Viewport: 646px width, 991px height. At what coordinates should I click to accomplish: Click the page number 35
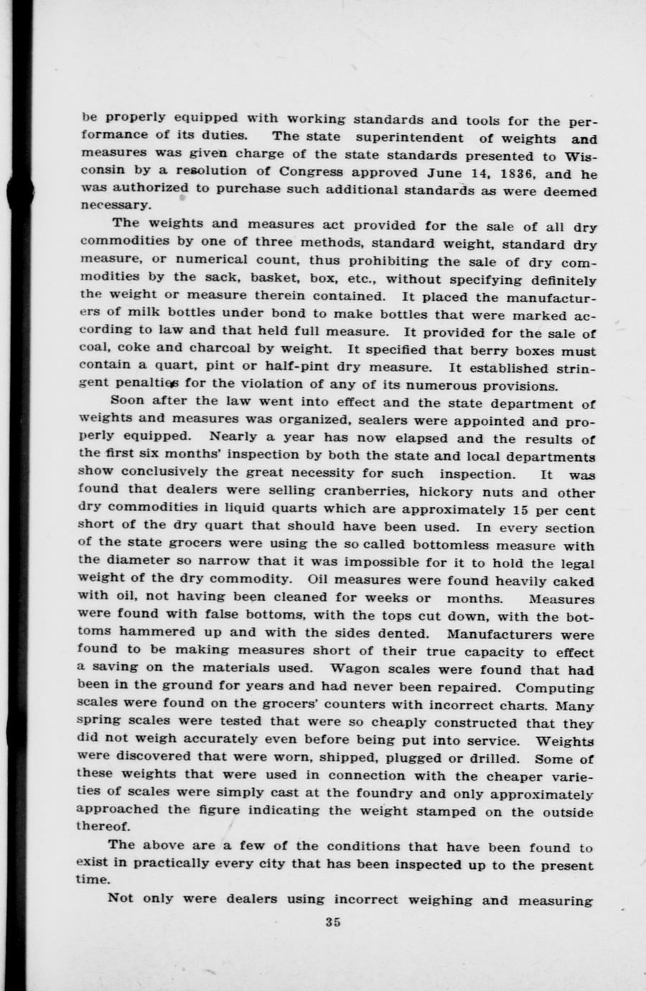pos(332,923)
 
